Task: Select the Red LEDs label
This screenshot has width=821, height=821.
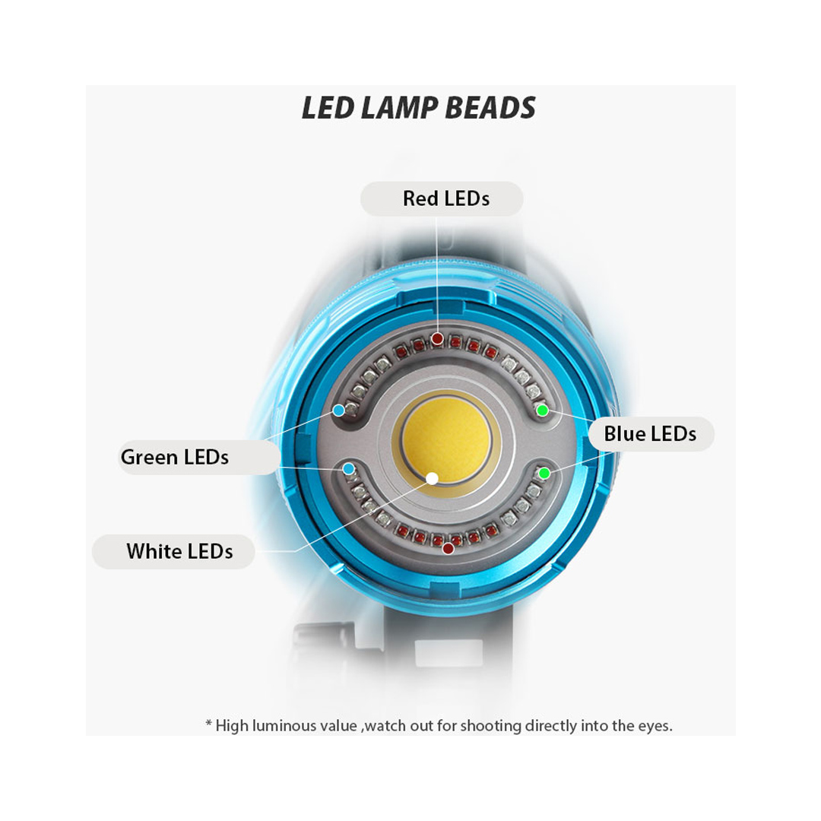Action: click(446, 198)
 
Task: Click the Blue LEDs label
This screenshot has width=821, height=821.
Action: click(650, 434)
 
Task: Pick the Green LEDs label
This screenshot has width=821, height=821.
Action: click(174, 457)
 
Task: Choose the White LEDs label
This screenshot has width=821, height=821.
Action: click(179, 551)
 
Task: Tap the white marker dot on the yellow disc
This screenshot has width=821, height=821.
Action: click(432, 478)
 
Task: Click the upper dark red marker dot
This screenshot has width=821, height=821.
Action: click(437, 339)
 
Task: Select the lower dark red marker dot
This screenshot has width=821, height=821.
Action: click(449, 549)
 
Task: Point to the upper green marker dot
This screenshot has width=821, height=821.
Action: click(543, 410)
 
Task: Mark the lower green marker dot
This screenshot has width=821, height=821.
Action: click(544, 474)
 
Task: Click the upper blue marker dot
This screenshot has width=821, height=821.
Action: click(339, 410)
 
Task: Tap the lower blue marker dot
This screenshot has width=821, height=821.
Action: click(349, 468)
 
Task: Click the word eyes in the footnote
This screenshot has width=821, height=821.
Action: click(655, 727)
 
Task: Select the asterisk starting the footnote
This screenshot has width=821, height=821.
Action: click(208, 724)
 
